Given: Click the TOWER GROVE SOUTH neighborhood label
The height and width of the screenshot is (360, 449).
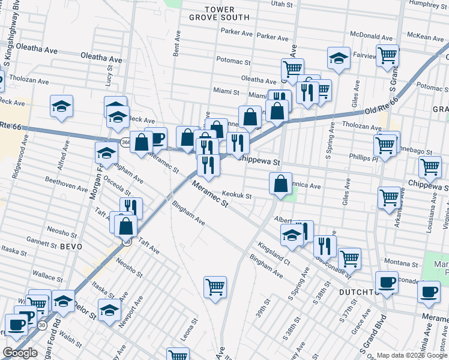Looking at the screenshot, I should (218, 13).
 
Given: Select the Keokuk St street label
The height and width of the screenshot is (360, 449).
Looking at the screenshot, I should (236, 194).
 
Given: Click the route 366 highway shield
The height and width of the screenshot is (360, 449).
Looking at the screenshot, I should (125, 142).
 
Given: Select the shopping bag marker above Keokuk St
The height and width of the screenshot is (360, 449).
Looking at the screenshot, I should (280, 184).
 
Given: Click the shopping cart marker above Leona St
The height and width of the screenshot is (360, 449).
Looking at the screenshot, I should (215, 286).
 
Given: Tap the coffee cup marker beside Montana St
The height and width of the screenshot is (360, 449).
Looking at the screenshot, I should (387, 281).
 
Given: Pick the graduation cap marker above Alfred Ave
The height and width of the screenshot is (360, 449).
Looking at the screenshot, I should (61, 106).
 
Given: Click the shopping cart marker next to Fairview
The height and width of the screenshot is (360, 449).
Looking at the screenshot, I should (388, 55).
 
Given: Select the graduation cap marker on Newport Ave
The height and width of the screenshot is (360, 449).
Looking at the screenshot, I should (109, 310).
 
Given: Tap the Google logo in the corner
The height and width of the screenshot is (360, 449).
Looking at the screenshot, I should (20, 353).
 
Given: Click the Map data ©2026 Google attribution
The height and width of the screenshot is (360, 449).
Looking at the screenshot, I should (411, 355).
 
